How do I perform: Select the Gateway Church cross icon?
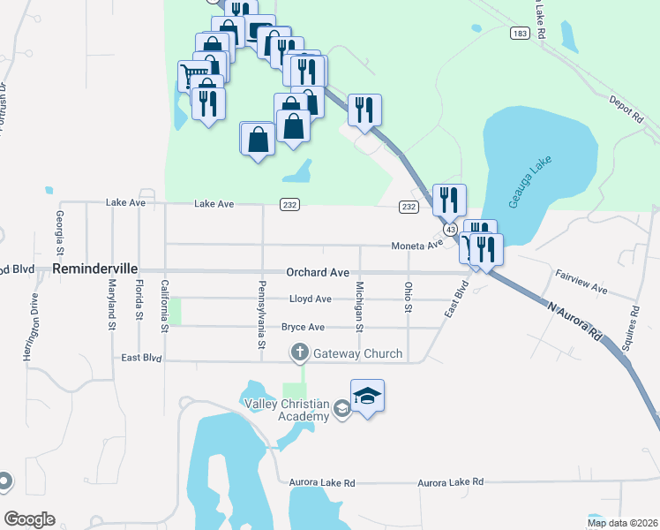(299, 353)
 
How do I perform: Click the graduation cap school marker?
(367, 397)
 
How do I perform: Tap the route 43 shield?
(451, 229)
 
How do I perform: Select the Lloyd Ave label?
(310, 299)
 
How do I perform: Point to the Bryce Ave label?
(303, 327)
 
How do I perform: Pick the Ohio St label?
(408, 296)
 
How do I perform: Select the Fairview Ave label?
(581, 283)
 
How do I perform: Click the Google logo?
(29, 519)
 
